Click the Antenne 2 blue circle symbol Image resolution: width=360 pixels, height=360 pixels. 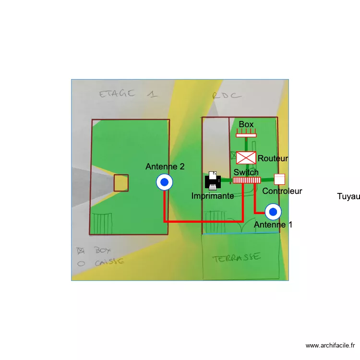[164, 182]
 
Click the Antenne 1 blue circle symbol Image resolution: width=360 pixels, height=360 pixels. [273, 211]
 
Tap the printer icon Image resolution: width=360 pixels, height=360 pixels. [213, 181]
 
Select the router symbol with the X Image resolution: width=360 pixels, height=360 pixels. [246, 157]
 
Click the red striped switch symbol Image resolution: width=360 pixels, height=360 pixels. [247, 180]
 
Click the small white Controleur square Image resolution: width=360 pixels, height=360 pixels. [279, 179]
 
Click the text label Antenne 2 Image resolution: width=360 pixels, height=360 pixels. [165, 167]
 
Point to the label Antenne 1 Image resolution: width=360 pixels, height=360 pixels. [273, 225]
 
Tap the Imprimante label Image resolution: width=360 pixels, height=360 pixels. [213, 196]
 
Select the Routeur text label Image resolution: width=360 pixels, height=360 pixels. [273, 158]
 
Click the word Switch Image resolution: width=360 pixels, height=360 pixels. [246, 172]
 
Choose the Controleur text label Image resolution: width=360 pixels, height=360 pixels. [282, 191]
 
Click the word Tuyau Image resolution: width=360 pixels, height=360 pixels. [348, 196]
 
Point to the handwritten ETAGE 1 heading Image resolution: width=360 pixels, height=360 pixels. [128, 94]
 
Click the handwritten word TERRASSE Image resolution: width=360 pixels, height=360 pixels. [237, 257]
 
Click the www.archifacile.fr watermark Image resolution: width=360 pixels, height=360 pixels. [330, 345]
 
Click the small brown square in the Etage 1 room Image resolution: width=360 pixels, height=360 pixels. [121, 182]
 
